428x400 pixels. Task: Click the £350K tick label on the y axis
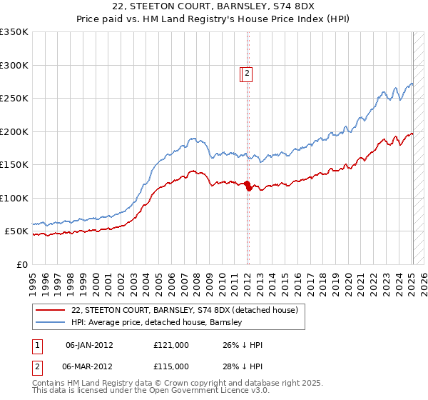[x=14, y=32]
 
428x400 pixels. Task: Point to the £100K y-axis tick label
[x=14, y=198]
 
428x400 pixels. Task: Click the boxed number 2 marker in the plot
[x=247, y=72]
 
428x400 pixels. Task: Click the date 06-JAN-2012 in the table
[x=89, y=345]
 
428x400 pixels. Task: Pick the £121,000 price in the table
[x=171, y=345]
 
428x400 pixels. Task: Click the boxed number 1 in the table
[x=37, y=345]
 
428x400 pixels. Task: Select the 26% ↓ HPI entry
[x=243, y=345]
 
